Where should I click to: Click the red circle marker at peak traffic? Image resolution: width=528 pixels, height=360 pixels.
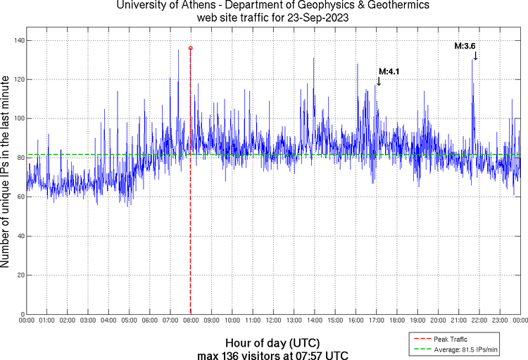point(191,48)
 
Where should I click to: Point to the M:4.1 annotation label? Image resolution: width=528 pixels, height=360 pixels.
point(389,70)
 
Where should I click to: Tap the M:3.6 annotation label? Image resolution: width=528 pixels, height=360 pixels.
point(465,46)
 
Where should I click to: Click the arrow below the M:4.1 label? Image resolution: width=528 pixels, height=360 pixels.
point(378,81)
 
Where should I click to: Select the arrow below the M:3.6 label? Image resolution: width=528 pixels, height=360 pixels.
point(475,56)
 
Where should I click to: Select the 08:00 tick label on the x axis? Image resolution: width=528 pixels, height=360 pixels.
point(191,321)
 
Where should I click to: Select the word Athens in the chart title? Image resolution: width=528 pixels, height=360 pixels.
point(187,6)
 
